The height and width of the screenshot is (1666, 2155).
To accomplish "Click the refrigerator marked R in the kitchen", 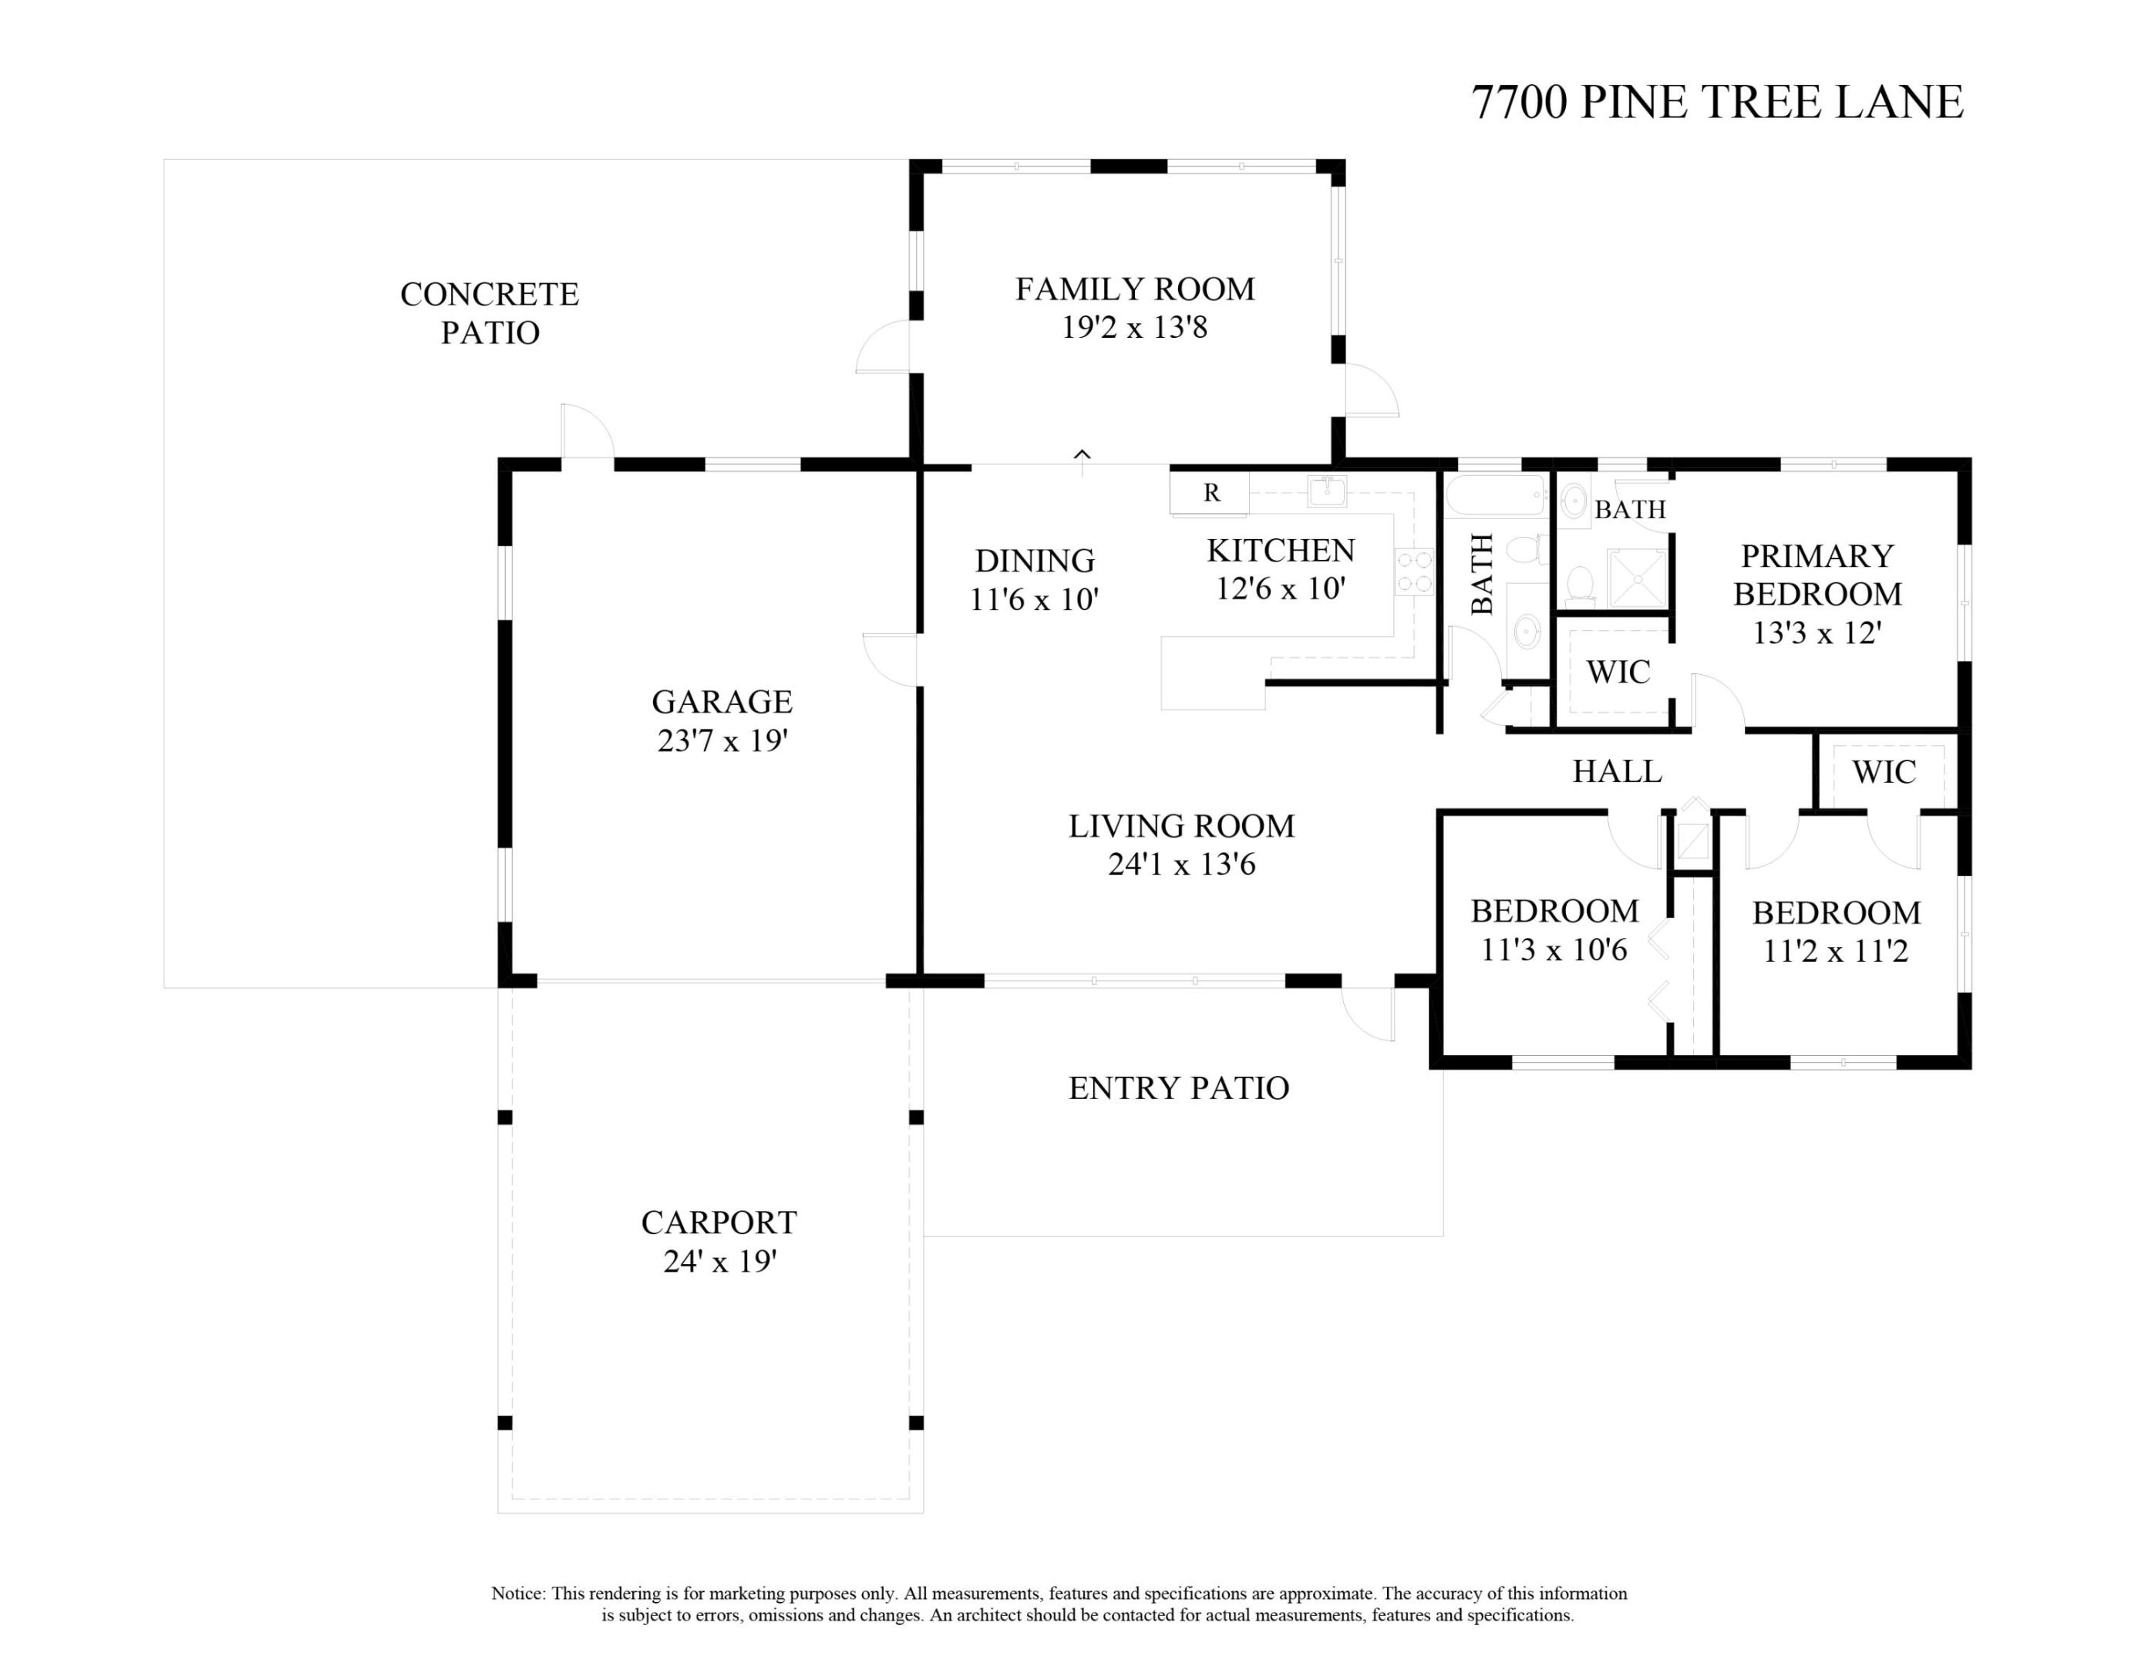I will click(x=1210, y=493).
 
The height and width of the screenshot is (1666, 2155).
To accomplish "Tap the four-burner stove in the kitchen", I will click(x=1414, y=572).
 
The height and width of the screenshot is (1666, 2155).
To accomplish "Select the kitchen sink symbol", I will click(x=1327, y=490).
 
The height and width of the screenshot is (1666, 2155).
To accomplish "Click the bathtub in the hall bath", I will click(x=1495, y=495).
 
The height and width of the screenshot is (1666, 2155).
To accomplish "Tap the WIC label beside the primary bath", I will click(x=1618, y=672).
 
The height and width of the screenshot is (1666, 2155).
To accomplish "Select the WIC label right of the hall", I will click(x=1884, y=772).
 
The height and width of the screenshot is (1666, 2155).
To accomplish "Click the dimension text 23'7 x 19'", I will click(x=722, y=740).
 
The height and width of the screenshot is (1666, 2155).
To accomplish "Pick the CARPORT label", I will click(x=719, y=1223).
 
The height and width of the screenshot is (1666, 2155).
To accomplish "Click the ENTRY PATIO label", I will click(x=1178, y=1088).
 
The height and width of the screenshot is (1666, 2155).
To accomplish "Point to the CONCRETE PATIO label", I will click(x=490, y=313).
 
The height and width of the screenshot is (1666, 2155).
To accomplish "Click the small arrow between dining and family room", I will click(x=1083, y=456).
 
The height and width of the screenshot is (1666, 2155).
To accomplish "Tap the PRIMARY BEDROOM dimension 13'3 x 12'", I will click(x=1817, y=632).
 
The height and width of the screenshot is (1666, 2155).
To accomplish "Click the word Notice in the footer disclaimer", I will click(x=517, y=1593).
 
